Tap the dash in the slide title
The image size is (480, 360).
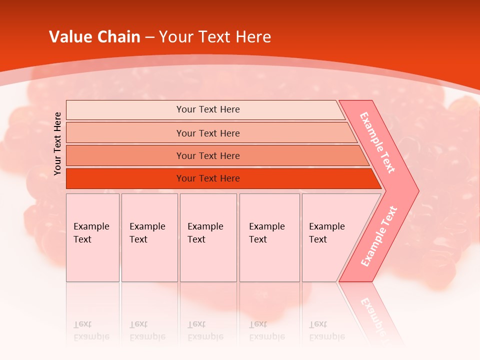149,37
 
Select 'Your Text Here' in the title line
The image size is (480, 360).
215,37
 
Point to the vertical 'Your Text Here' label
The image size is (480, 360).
57,143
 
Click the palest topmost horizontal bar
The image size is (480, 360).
208,109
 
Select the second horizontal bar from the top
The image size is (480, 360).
208,133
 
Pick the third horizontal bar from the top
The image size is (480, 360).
208,155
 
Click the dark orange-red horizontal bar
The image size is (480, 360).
208,178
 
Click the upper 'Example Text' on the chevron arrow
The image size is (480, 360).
377,142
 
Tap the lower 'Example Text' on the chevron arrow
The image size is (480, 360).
378,236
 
